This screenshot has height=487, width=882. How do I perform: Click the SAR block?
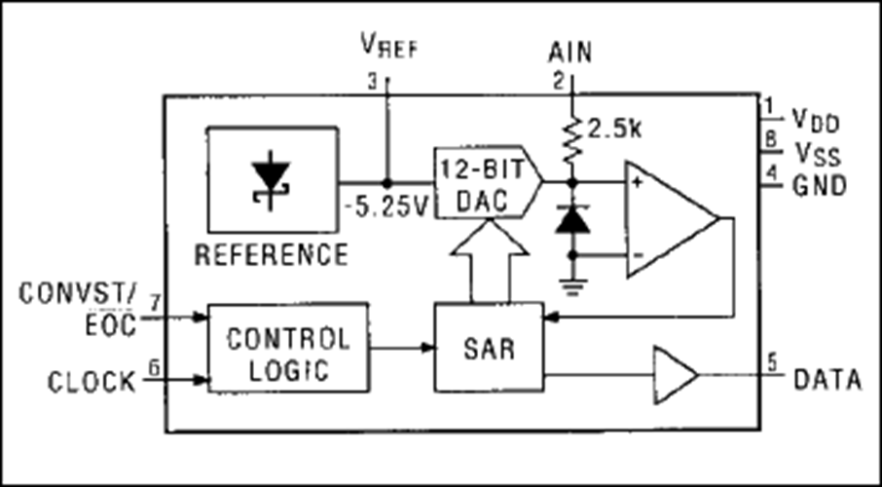489,348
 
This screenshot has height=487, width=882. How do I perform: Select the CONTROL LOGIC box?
288,348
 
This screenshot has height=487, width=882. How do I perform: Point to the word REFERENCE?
272,254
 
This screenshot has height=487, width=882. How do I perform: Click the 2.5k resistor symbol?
572,140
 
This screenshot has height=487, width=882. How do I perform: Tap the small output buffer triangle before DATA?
675,374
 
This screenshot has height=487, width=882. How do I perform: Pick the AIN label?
570,54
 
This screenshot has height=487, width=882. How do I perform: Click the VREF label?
389,48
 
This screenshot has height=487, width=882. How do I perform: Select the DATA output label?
827,380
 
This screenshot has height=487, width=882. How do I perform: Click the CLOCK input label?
92,382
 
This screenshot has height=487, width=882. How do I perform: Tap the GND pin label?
820,186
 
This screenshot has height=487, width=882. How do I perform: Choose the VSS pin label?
818,154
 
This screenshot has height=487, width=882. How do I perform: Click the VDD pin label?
816,120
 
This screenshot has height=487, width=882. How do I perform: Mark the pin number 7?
154,301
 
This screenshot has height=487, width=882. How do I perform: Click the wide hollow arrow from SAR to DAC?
490,260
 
